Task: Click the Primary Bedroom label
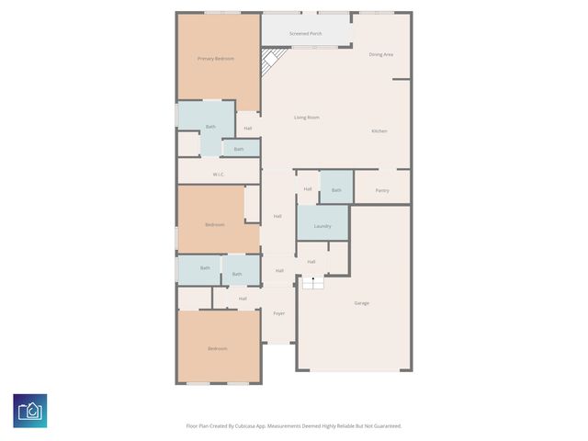click(216, 59)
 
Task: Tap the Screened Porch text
click(306, 33)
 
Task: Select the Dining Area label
click(381, 55)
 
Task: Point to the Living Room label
click(306, 118)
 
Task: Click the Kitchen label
click(379, 131)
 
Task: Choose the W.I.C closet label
click(218, 174)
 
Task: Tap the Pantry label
click(382, 190)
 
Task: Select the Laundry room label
click(322, 226)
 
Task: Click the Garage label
click(362, 303)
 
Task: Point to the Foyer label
click(278, 313)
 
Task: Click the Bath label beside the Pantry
click(336, 190)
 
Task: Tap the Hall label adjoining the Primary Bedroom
click(248, 128)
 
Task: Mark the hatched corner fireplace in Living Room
click(270, 63)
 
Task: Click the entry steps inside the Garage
click(313, 283)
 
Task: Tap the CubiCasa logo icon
click(30, 411)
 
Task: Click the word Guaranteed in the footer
click(383, 426)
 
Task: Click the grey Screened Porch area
click(306, 28)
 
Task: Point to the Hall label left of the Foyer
click(243, 299)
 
